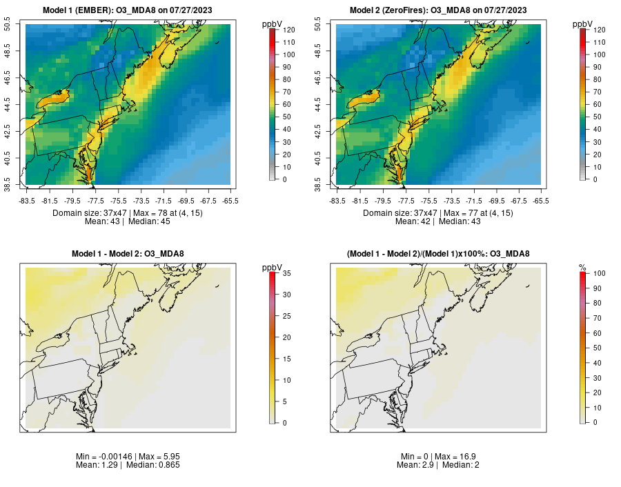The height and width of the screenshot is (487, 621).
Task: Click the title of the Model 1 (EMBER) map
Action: [128, 10]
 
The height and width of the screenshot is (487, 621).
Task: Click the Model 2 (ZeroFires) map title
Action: [438, 10]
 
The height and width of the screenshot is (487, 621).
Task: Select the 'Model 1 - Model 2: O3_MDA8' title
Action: [128, 254]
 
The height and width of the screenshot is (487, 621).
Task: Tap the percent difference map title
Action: [438, 254]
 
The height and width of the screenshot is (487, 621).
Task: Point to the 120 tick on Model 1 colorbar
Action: [288, 30]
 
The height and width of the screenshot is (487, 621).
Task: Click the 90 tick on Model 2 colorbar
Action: [597, 67]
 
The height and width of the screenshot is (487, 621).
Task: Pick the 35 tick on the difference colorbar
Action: [286, 274]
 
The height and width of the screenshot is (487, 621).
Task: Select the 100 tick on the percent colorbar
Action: [599, 274]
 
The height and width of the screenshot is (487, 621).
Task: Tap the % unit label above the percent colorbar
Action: [582, 268]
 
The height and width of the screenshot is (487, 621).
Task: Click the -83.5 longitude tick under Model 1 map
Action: [26, 201]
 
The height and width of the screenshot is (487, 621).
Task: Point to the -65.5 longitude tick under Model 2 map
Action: [541, 201]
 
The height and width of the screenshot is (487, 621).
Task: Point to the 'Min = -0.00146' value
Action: [103, 457]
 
